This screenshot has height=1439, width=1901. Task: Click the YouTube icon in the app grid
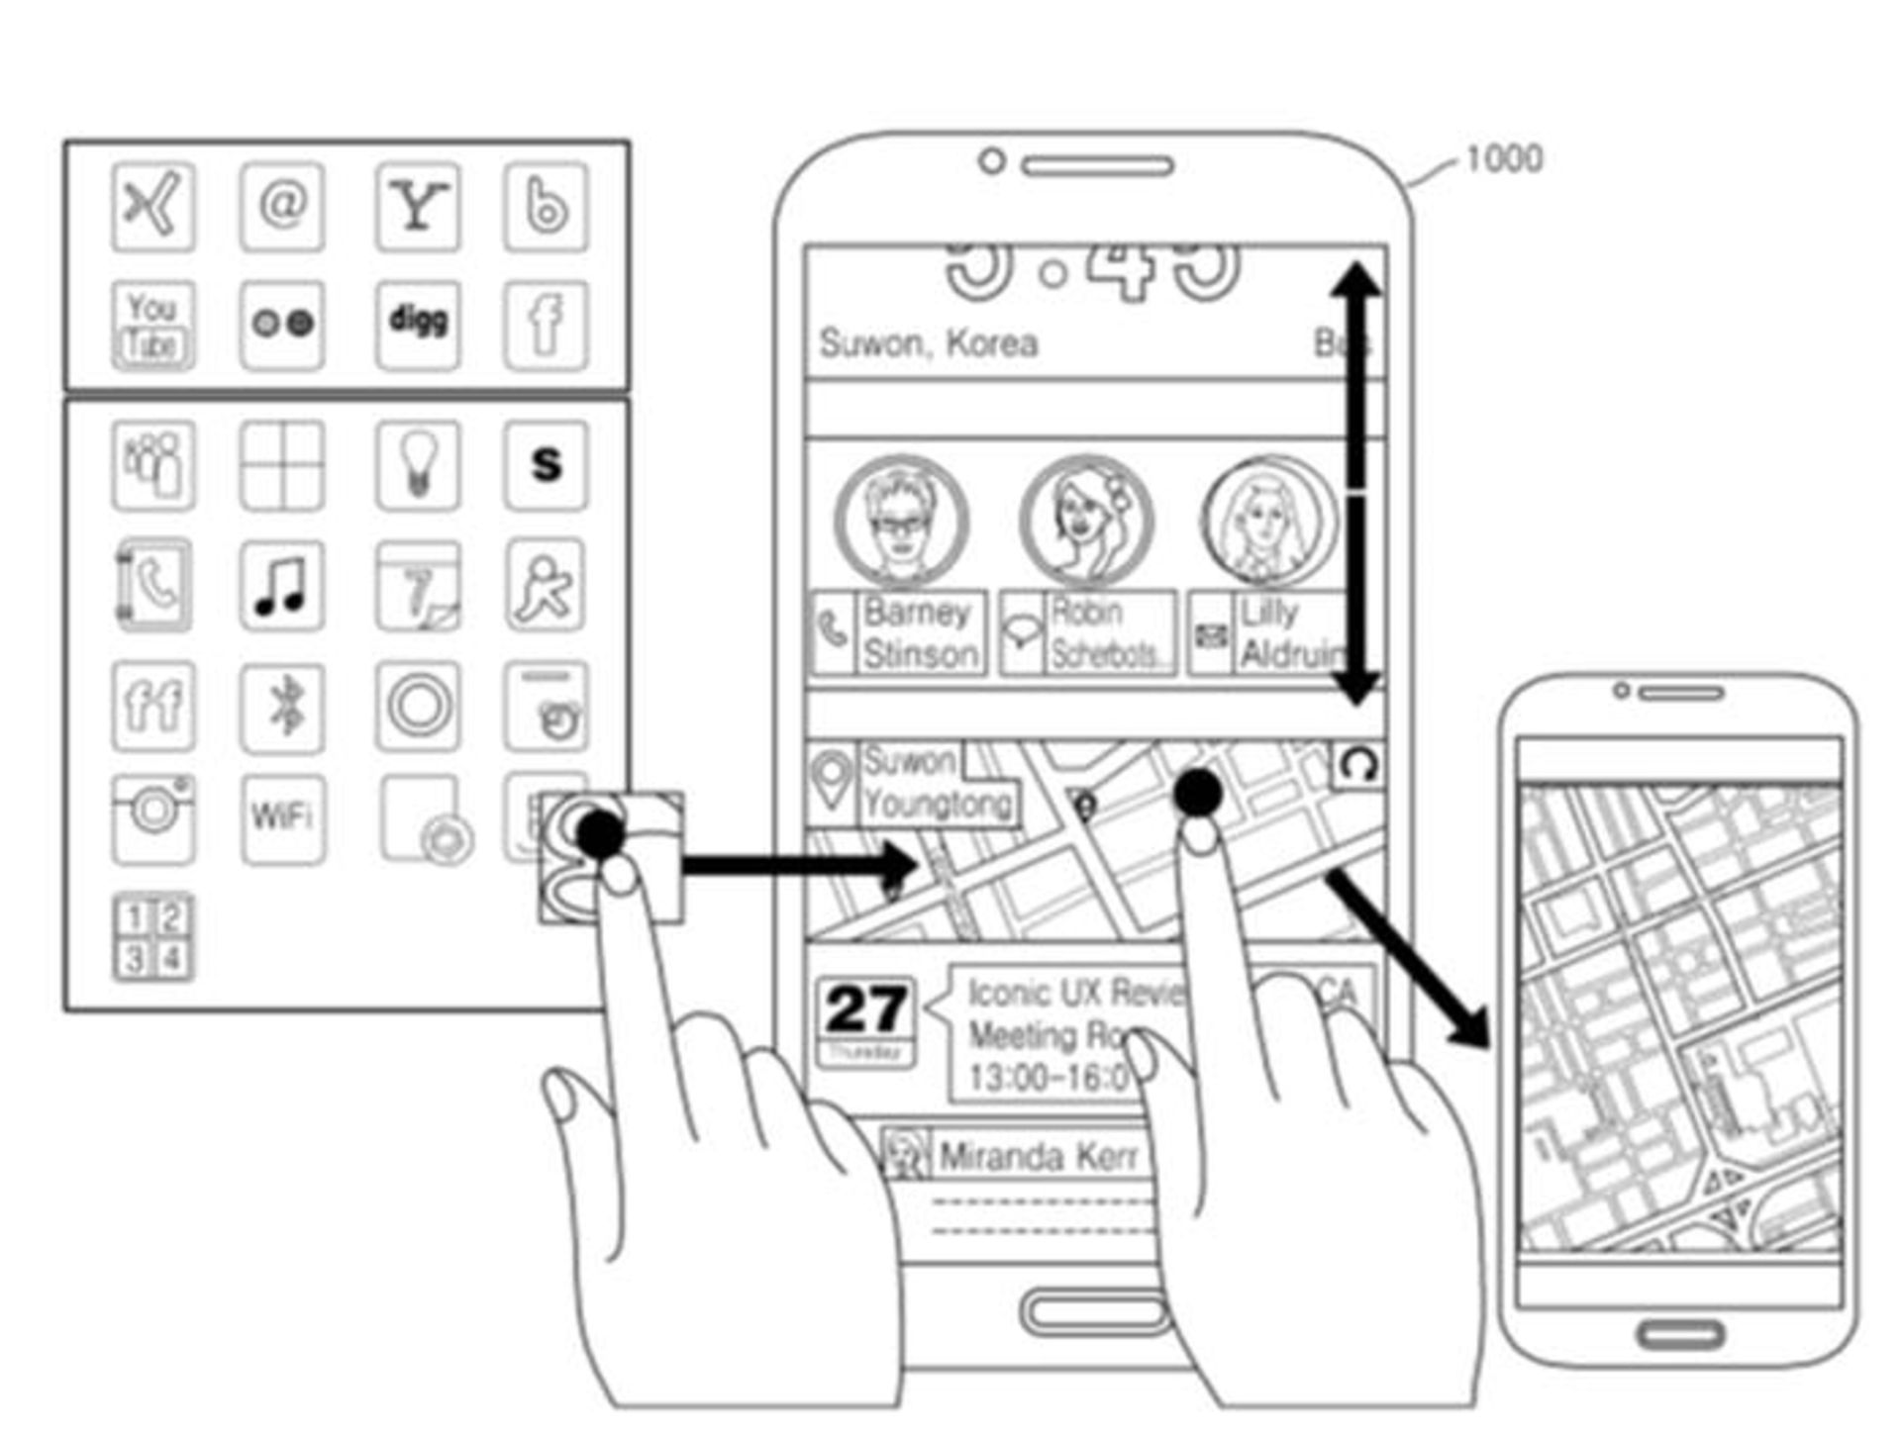tap(152, 326)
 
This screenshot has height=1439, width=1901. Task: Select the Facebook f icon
tap(546, 324)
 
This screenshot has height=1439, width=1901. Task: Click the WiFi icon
tap(282, 817)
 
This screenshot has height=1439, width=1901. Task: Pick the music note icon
tap(282, 585)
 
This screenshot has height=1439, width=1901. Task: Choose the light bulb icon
tap(418, 465)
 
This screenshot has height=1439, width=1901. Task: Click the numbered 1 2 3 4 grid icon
tap(152, 937)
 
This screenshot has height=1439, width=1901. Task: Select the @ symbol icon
tap(282, 206)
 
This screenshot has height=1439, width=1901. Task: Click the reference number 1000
tap(1503, 158)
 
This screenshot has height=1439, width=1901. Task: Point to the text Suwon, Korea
tap(929, 343)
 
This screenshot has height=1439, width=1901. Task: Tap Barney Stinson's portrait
tap(901, 520)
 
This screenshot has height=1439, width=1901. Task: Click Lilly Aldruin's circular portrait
tap(1267, 520)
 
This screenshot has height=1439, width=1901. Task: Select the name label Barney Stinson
tap(920, 633)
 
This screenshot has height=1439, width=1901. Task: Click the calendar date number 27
tap(865, 1009)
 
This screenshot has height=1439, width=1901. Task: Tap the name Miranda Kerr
tap(1038, 1156)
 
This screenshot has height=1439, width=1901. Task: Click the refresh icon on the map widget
tap(1358, 764)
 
